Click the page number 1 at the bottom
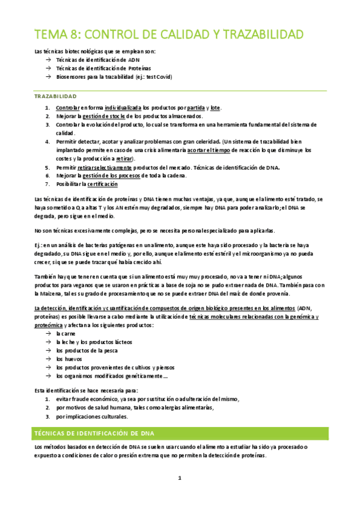pos(179,479)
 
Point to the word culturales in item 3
pos(111,416)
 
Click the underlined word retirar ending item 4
pos(142,158)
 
